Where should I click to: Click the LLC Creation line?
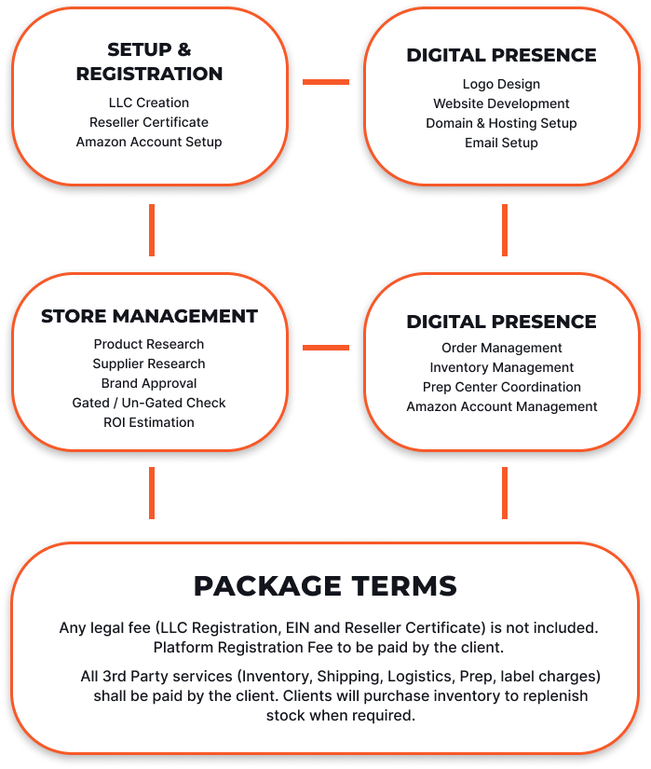coord(149,103)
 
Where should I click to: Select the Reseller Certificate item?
coord(149,122)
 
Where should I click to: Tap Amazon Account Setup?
coord(149,142)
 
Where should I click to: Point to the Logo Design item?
coord(501,84)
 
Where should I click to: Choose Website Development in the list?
coord(501,103)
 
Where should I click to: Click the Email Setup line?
coord(501,143)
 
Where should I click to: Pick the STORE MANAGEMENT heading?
coord(149,316)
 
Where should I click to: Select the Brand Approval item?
coord(149,383)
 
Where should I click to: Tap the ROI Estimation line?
coord(149,422)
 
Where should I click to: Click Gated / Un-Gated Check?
coord(149,403)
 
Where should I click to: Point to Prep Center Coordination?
coord(502,387)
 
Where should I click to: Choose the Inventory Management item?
coord(502,367)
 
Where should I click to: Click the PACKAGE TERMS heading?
coord(325,585)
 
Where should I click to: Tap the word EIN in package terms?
coord(297,627)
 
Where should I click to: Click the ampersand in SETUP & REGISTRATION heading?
coord(184,49)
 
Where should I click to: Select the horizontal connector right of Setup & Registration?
coord(326,82)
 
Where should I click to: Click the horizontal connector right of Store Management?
coord(326,348)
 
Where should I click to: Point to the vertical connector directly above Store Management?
coord(152,230)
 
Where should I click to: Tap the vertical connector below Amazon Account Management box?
coord(505,493)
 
